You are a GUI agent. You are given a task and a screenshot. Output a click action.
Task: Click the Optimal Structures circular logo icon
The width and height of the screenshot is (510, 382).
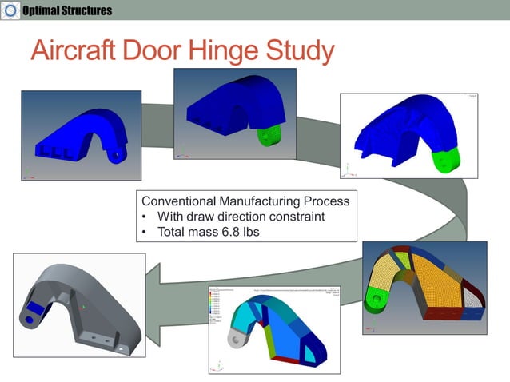10,10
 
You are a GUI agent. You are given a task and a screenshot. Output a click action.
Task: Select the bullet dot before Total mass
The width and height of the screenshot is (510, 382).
144,233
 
